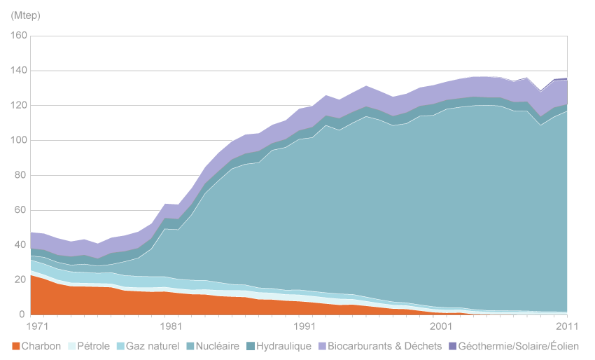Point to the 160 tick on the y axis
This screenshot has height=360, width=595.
18,36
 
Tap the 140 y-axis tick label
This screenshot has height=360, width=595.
18,71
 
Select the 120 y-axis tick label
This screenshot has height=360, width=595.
18,105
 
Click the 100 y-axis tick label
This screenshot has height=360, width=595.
18,140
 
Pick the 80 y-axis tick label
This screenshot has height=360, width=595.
21,175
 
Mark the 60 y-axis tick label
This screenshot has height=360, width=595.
21,210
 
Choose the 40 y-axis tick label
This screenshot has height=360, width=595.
21,245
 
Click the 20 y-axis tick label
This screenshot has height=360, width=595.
21,280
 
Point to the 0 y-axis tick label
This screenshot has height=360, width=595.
24,315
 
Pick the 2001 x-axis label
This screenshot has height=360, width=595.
437,326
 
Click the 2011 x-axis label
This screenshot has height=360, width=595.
565,326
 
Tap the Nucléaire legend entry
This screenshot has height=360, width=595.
216,346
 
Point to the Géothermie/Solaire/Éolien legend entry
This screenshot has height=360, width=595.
519,346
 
